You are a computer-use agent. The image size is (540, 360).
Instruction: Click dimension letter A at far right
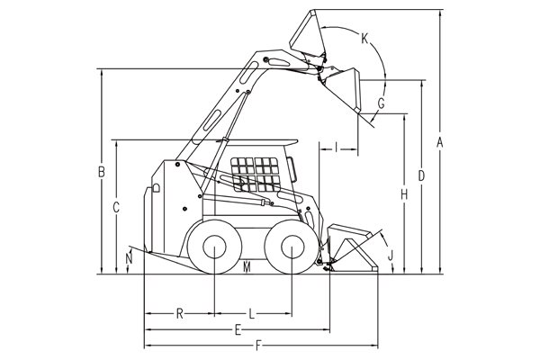439,142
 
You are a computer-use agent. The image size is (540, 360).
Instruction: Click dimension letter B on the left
101,172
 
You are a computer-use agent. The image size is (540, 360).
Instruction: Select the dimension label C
116,207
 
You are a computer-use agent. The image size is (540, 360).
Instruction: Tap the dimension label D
421,176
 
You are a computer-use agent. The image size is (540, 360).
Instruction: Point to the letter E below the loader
238,330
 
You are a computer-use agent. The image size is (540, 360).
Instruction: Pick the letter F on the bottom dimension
258,346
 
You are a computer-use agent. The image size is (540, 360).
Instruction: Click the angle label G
382,103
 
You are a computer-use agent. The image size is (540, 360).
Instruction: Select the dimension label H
404,195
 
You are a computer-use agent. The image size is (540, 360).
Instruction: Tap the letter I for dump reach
337,148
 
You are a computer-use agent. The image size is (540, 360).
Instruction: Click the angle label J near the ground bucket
391,256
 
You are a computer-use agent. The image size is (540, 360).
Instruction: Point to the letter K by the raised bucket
364,39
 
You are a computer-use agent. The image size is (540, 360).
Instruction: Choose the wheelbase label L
252,314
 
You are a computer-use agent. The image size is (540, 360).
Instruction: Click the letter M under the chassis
247,267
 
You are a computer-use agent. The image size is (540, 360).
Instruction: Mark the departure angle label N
129,258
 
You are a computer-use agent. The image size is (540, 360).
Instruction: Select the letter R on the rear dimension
179,314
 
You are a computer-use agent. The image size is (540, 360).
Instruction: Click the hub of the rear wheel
214,247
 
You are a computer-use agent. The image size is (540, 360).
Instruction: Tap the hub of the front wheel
292,247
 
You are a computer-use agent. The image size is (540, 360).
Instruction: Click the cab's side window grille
255,175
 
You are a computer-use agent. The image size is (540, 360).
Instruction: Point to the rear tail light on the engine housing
156,188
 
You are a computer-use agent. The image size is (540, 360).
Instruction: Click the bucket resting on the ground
351,248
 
